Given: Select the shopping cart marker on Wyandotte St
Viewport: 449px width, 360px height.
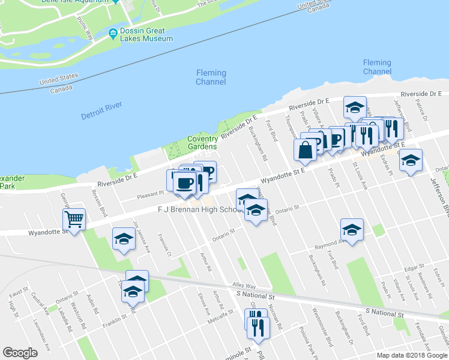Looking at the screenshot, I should click(x=74, y=219).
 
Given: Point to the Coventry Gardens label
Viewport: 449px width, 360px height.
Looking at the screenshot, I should click(x=202, y=142).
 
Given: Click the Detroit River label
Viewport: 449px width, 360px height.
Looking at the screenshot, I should click(x=101, y=110).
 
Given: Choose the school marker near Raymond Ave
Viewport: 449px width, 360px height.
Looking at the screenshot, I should click(x=352, y=230).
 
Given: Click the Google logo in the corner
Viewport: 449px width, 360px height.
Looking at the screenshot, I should click(x=20, y=353).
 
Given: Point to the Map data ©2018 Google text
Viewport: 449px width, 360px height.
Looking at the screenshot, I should click(x=411, y=355).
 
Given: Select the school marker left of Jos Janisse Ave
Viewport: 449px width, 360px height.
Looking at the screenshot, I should click(x=124, y=239).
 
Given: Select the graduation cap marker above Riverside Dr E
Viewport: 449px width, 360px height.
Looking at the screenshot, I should click(x=355, y=107).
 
